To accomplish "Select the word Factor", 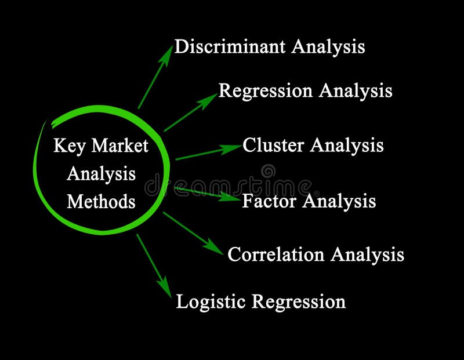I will click(x=270, y=201).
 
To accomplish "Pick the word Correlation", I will click(x=276, y=254).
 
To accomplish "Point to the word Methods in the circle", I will click(x=101, y=201).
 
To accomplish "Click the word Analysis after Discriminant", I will click(x=328, y=46).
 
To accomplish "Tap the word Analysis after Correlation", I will click(x=367, y=254).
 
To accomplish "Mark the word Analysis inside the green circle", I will click(x=101, y=173).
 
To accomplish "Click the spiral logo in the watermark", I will click(x=268, y=171).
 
